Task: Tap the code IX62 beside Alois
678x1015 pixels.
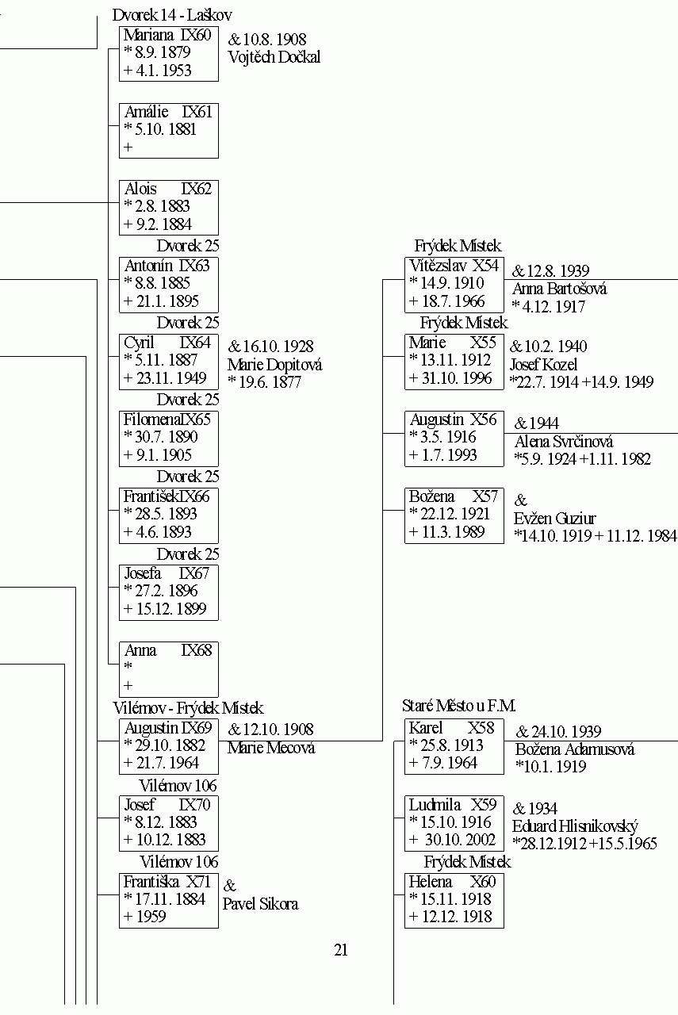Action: point(196,189)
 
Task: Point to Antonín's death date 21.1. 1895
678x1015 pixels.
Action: point(167,301)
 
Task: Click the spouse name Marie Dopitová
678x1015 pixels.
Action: point(274,365)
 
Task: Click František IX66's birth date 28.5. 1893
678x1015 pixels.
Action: point(166,513)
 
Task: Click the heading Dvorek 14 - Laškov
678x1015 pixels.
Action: point(172,15)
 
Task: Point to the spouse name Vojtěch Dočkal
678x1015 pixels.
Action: point(274,57)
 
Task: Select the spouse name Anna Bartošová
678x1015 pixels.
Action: point(559,289)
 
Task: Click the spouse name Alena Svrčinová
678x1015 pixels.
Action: point(564,442)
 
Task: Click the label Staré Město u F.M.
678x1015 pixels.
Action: point(458,706)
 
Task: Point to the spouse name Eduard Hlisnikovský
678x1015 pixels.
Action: point(575,826)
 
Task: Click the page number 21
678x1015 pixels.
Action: point(341,949)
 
